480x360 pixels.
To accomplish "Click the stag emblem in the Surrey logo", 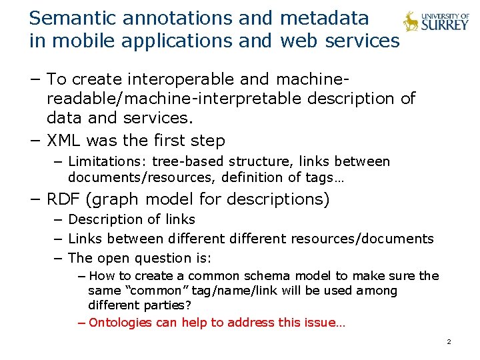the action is click(x=411, y=22).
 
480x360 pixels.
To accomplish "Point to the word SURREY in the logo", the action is click(x=445, y=27).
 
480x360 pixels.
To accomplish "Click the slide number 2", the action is click(x=449, y=342).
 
